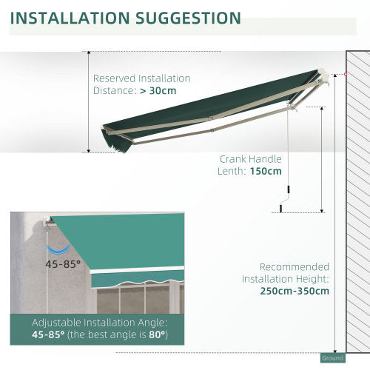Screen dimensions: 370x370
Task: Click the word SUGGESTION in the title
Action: point(192,18)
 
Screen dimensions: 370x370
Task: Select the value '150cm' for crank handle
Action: point(265,171)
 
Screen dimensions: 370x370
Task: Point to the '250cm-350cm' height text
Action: point(294,291)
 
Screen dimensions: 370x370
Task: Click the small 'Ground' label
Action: point(333,358)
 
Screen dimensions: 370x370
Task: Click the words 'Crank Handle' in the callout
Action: point(251,158)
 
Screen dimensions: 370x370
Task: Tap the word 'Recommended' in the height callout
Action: point(295,266)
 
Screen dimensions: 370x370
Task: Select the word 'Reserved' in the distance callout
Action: point(113,78)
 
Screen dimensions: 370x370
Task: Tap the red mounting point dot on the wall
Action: point(344,75)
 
